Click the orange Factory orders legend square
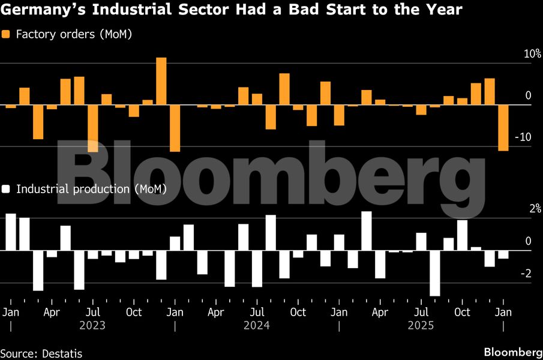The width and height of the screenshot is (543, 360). (x=7, y=35)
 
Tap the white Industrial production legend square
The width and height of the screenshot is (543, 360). (x=7, y=189)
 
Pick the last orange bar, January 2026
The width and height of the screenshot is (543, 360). (x=503, y=128)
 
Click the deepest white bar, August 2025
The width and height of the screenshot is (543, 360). (x=434, y=273)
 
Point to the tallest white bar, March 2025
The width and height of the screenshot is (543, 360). (x=366, y=230)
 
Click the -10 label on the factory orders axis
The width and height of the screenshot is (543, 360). (x=524, y=137)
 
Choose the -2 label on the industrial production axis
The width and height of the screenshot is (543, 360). (x=526, y=274)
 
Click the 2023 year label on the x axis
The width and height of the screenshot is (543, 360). (x=92, y=326)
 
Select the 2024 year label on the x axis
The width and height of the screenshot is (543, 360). (x=257, y=326)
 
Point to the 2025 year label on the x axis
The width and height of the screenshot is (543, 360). (x=421, y=326)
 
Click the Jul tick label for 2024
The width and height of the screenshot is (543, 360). (x=257, y=313)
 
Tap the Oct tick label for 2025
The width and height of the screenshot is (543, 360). (x=462, y=313)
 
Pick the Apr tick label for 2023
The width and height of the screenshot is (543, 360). (x=52, y=313)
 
